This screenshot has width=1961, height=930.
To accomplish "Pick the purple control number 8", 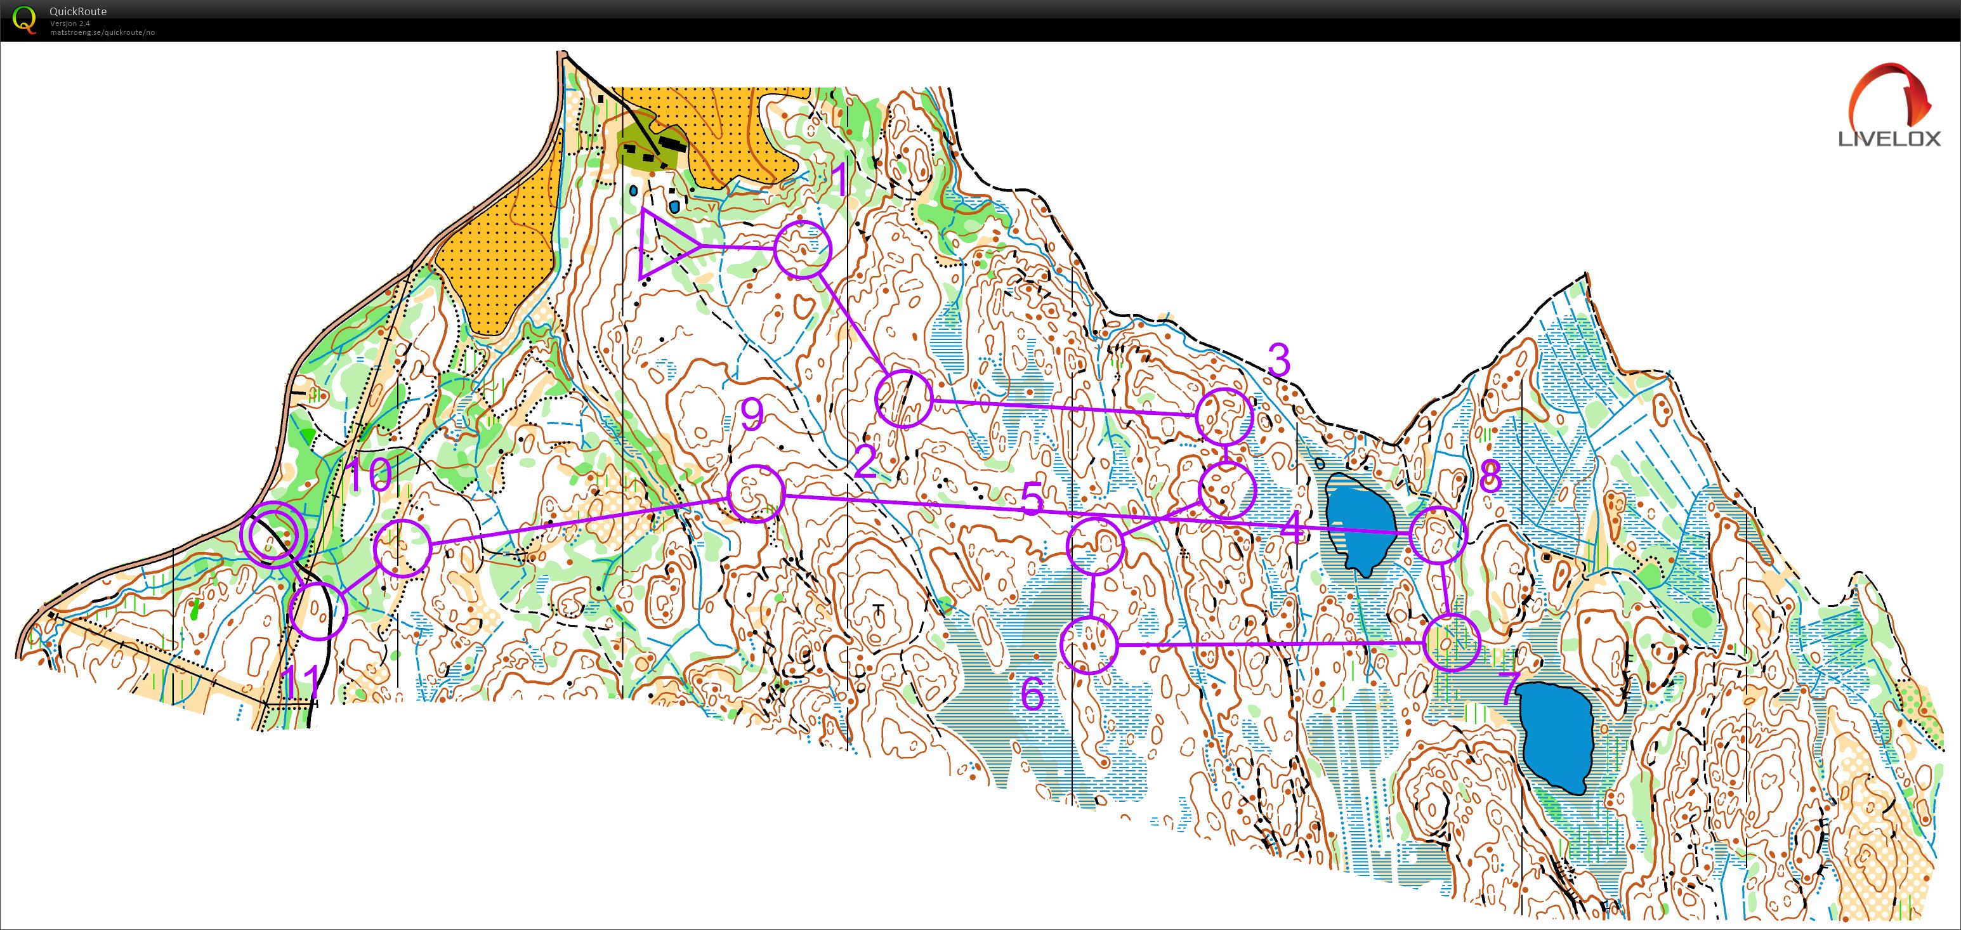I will click(x=1490, y=477).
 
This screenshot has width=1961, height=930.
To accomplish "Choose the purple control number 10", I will click(x=369, y=476).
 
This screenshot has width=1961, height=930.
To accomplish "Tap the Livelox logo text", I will click(x=1889, y=138).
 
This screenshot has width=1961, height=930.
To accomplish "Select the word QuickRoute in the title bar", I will click(x=77, y=11).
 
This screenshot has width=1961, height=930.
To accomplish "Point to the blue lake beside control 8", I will click(x=1357, y=522).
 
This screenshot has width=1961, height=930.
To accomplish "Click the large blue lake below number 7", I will click(x=1556, y=735).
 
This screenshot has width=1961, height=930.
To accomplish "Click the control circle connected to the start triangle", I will click(x=803, y=249).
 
